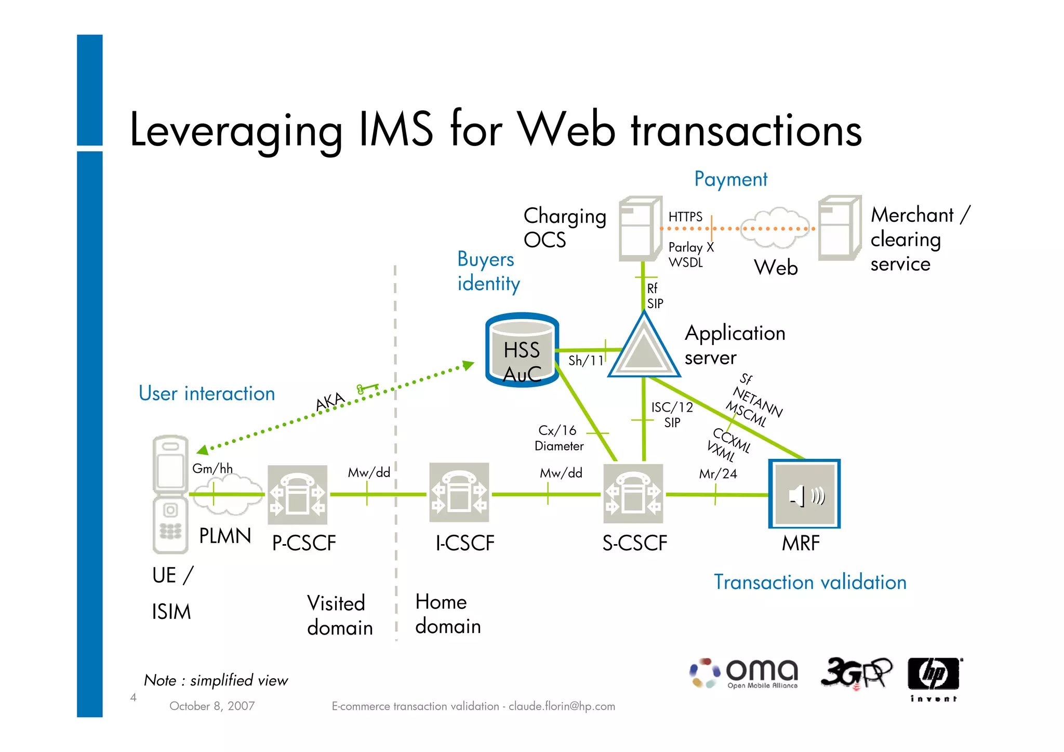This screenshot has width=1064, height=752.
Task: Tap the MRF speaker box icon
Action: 804,494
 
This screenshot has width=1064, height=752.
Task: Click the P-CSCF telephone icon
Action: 297,495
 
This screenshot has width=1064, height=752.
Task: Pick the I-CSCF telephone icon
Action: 459,493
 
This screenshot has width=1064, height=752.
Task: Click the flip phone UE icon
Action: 170,494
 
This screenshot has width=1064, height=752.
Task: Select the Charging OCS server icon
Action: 640,229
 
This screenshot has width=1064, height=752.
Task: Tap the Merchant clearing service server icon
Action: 839,228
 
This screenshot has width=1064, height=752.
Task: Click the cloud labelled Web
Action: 774,228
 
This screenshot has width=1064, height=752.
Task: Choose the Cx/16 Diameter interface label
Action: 558,438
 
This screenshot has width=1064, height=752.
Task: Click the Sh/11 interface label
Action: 586,361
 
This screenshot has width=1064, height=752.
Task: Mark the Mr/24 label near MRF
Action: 717,474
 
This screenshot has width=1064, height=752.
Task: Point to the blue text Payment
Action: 730,179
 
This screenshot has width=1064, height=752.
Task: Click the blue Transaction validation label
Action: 810,582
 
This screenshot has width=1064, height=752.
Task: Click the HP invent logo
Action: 934,678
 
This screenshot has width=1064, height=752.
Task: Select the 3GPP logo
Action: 856,673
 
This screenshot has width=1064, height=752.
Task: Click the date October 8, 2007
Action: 212,706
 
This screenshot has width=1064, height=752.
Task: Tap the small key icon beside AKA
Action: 367,388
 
